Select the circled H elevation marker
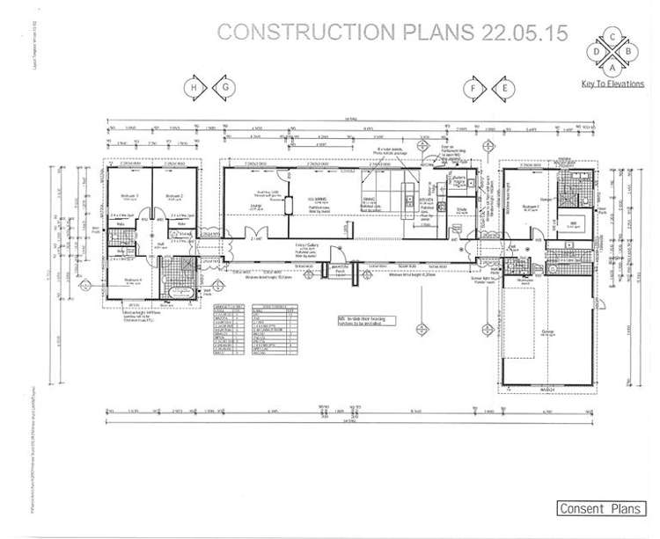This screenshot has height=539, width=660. coord(189,87)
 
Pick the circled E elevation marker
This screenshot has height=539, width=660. coord(505,87)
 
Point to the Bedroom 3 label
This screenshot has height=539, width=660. coord(129,195)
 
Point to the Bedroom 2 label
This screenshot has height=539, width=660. coord(173,195)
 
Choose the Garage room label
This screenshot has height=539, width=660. coord(547,331)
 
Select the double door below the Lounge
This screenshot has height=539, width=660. coord(258,237)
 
